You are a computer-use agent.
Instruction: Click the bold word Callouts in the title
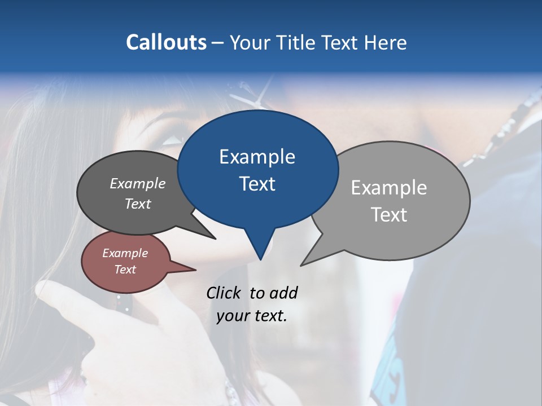(166, 42)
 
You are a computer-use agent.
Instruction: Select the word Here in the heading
(387, 42)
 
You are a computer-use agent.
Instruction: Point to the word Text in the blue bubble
(257, 183)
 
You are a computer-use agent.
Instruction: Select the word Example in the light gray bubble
(389, 187)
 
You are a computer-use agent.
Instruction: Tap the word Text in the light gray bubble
(389, 214)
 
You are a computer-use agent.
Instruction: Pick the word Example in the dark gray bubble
(138, 183)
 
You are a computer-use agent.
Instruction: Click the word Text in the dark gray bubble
(138, 204)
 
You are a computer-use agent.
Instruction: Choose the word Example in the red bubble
(125, 253)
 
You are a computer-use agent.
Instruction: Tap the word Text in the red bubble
(125, 270)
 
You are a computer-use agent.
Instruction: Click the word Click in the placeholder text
(224, 293)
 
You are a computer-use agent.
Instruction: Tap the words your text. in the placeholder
(252, 316)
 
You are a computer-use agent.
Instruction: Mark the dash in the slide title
(218, 43)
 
